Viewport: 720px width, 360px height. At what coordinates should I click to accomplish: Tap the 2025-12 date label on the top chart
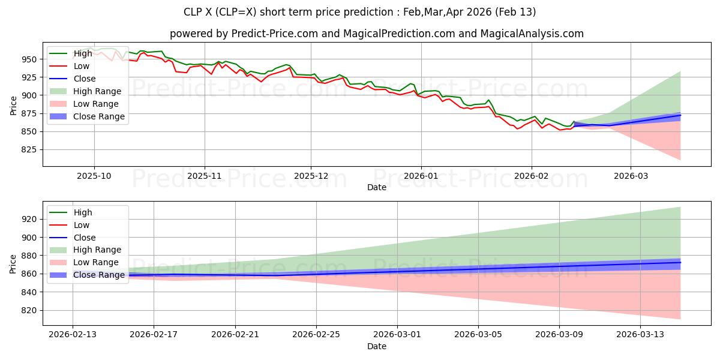[x=311, y=176]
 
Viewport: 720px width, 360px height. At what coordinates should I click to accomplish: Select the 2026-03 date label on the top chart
[x=631, y=176]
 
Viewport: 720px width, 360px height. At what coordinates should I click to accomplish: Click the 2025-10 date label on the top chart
[x=94, y=176]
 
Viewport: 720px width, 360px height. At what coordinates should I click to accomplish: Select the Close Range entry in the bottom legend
[x=99, y=275]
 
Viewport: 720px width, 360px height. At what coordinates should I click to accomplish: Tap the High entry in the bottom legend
[x=83, y=212]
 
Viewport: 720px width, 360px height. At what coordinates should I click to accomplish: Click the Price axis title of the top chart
[x=13, y=104]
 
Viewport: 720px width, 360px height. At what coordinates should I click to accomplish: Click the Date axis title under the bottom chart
[x=376, y=346]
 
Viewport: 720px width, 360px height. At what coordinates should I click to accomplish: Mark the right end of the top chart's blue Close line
[x=680, y=115]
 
